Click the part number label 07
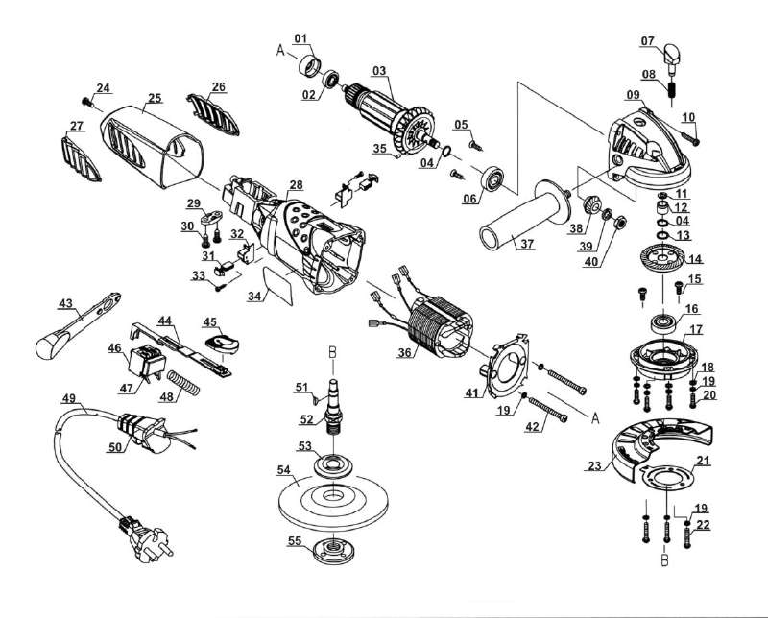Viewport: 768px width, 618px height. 648,41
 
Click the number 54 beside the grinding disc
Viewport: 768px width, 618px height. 283,469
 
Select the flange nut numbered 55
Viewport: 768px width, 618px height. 331,551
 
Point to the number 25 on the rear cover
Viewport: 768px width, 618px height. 155,97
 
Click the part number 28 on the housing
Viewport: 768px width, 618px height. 296,184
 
